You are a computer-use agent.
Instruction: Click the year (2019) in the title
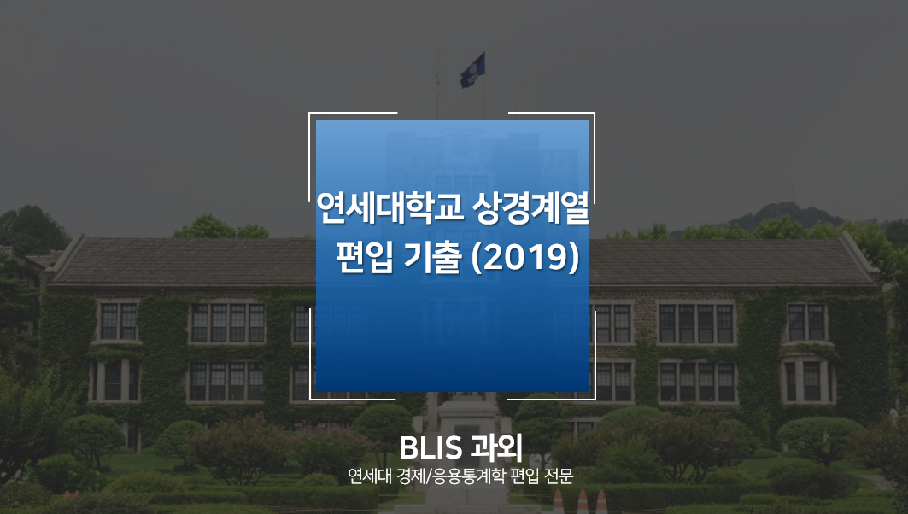click(525, 258)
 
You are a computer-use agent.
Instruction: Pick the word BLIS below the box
click(431, 447)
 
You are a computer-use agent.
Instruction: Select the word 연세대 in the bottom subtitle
click(368, 476)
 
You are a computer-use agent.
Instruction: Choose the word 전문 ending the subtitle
click(559, 476)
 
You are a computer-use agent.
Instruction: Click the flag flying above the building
click(472, 70)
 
